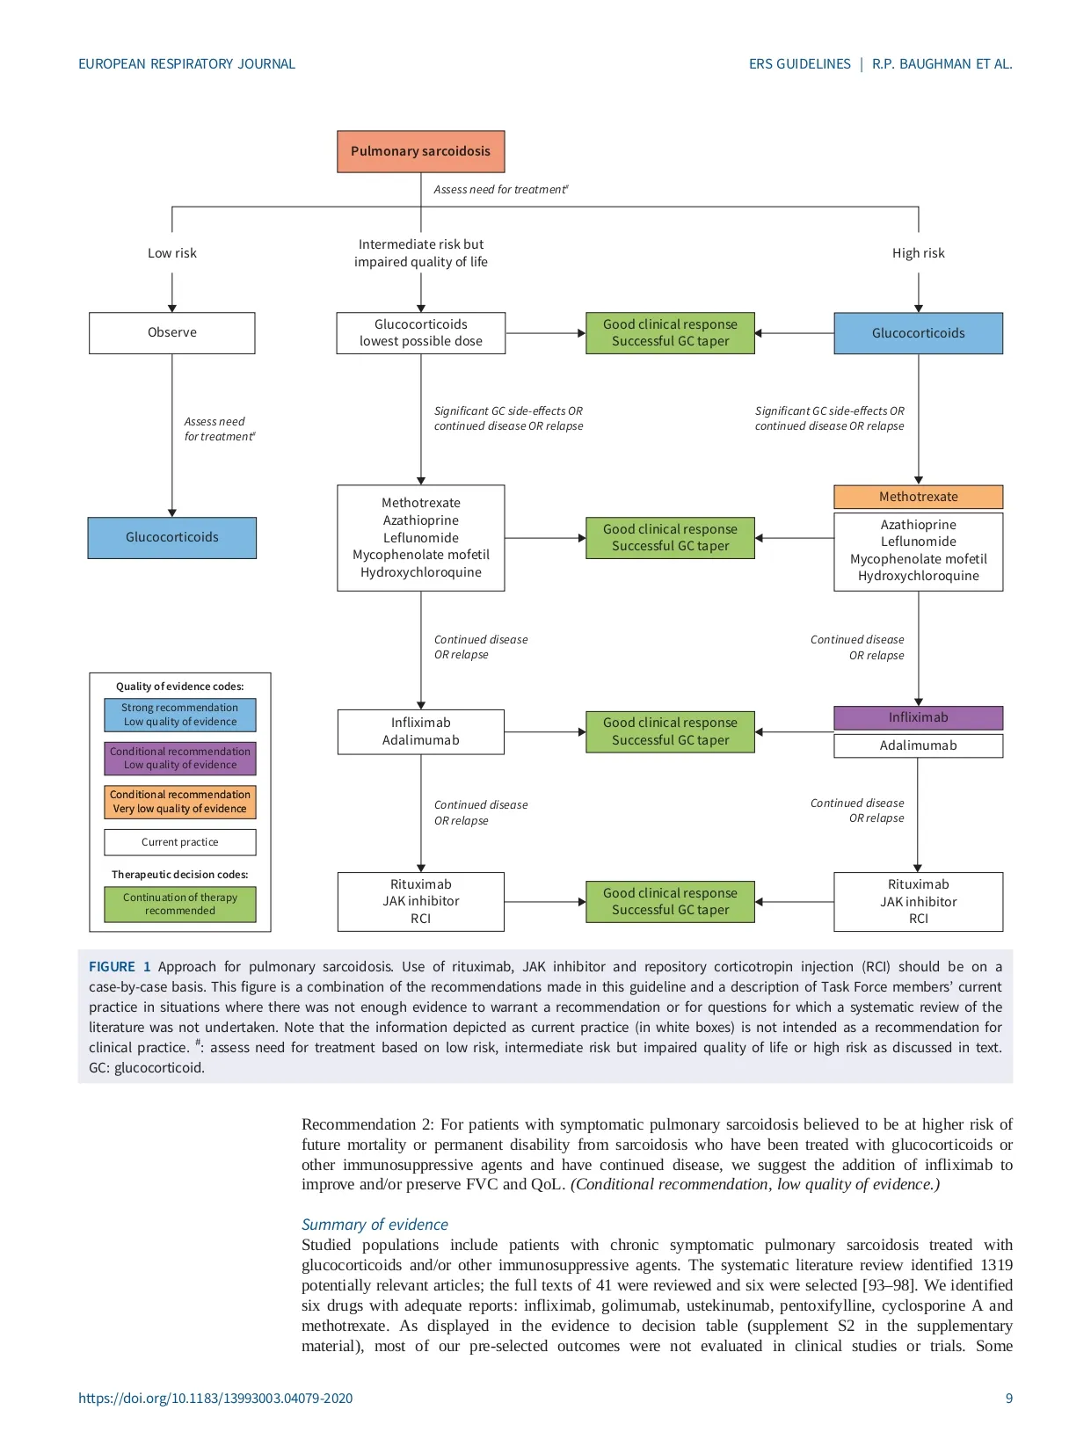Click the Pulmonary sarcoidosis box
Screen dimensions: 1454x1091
click(420, 151)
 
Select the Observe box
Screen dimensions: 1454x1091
click(172, 333)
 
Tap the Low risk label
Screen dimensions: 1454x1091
click(172, 253)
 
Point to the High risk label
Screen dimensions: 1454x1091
click(918, 253)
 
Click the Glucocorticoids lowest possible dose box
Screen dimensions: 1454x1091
click(420, 333)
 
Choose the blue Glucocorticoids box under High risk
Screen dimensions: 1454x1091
click(918, 333)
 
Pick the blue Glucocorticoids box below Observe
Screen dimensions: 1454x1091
click(172, 537)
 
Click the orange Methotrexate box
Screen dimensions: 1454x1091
click(918, 497)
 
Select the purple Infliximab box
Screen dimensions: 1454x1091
click(918, 717)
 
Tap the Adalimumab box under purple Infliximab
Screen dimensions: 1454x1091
click(918, 745)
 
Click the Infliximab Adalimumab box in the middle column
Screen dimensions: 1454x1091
click(420, 731)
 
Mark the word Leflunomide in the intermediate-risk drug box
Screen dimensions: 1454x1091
click(420, 538)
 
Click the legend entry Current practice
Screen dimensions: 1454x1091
click(180, 842)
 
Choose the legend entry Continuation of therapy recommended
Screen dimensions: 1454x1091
click(180, 904)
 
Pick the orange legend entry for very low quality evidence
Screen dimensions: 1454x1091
click(180, 802)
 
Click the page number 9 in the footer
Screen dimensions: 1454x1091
click(1008, 1399)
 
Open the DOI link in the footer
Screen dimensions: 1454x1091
click(215, 1399)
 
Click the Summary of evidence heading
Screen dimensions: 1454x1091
click(375, 1225)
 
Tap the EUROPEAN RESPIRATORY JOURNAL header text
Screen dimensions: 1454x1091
click(186, 64)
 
